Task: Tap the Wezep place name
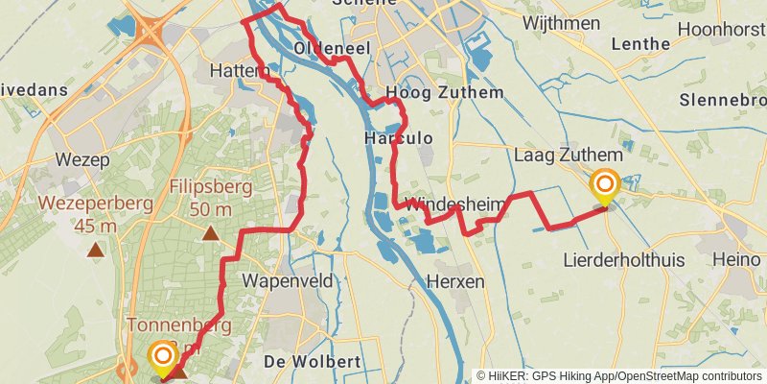(82, 159)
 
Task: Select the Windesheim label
(446, 204)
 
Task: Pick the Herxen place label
(455, 281)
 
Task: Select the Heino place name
(737, 260)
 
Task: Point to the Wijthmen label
(560, 23)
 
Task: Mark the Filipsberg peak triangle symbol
(210, 233)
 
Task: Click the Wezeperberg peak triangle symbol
(95, 251)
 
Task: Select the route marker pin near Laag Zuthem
(605, 187)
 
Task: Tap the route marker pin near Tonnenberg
(163, 360)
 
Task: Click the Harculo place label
(399, 139)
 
